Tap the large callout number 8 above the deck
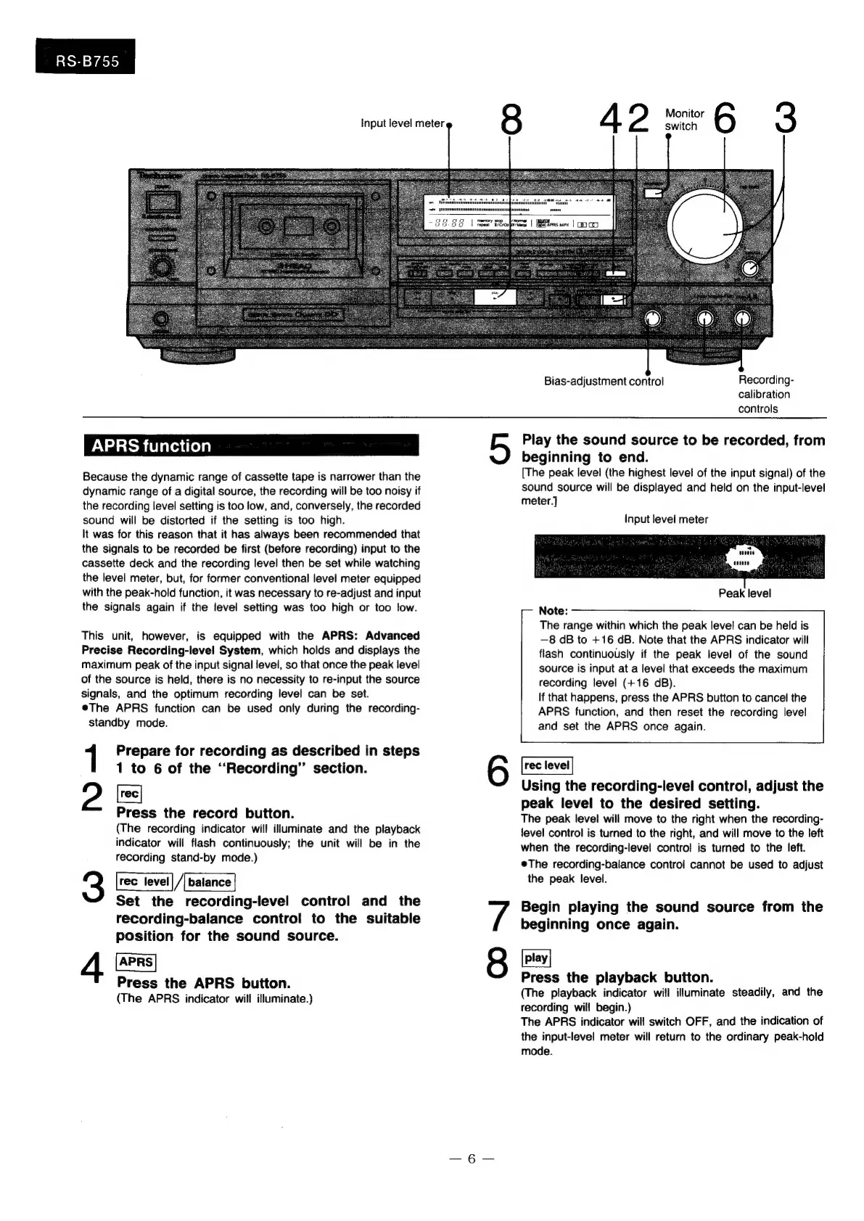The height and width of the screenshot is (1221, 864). [x=511, y=119]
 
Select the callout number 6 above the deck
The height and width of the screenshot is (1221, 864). [x=724, y=119]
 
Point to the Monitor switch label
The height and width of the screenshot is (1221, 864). [x=684, y=120]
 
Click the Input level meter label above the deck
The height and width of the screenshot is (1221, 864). [x=402, y=123]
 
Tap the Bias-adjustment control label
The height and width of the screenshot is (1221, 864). [x=604, y=381]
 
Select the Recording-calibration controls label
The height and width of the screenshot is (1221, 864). [x=765, y=394]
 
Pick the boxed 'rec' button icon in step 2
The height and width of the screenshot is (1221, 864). [x=130, y=794]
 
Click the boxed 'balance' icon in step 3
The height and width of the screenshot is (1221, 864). [x=210, y=882]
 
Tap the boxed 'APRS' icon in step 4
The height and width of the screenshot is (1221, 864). [x=136, y=962]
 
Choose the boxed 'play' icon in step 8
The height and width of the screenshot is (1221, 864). [x=536, y=958]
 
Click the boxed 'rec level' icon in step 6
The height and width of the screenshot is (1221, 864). [x=547, y=765]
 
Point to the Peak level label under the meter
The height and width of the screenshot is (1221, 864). [x=744, y=593]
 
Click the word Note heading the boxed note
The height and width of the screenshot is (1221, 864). [x=553, y=610]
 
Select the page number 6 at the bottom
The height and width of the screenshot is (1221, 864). [x=470, y=1159]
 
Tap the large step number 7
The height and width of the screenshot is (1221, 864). [x=498, y=916]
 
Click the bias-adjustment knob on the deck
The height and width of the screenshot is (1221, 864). [x=652, y=319]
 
